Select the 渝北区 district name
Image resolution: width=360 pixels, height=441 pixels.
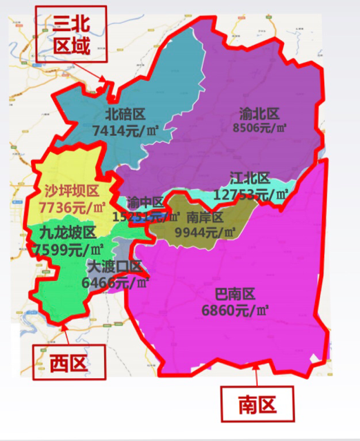coord(259,114)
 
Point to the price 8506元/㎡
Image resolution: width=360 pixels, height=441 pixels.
coord(260,128)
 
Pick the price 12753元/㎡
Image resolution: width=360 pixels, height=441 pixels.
coord(251,195)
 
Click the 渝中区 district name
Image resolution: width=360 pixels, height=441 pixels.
coord(146,203)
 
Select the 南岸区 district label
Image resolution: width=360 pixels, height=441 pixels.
coord(206,217)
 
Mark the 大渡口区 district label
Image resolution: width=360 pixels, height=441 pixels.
coord(114,267)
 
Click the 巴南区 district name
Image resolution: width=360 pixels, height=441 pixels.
coord(235,295)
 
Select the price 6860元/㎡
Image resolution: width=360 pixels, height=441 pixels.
coord(235,311)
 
